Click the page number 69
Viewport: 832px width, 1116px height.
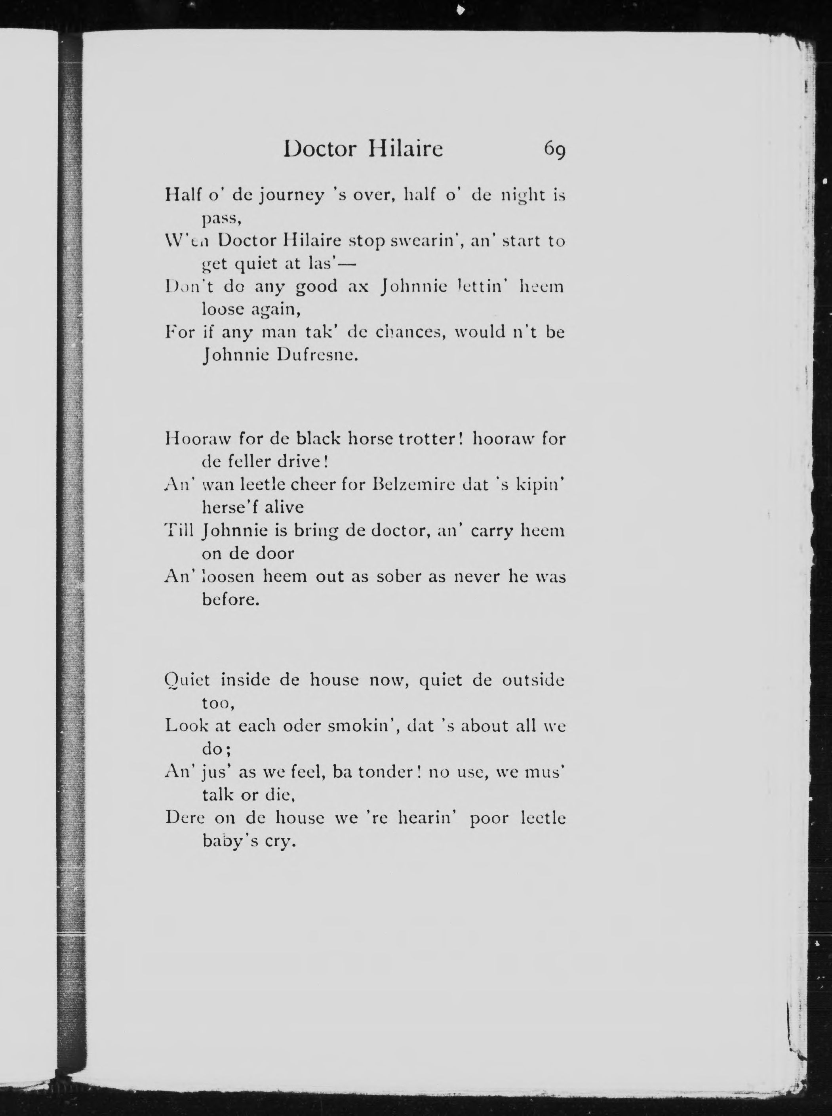coord(554,150)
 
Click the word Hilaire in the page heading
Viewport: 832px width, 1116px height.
coord(406,149)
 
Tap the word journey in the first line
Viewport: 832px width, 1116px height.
coord(291,195)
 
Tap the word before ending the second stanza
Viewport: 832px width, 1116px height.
coord(230,599)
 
